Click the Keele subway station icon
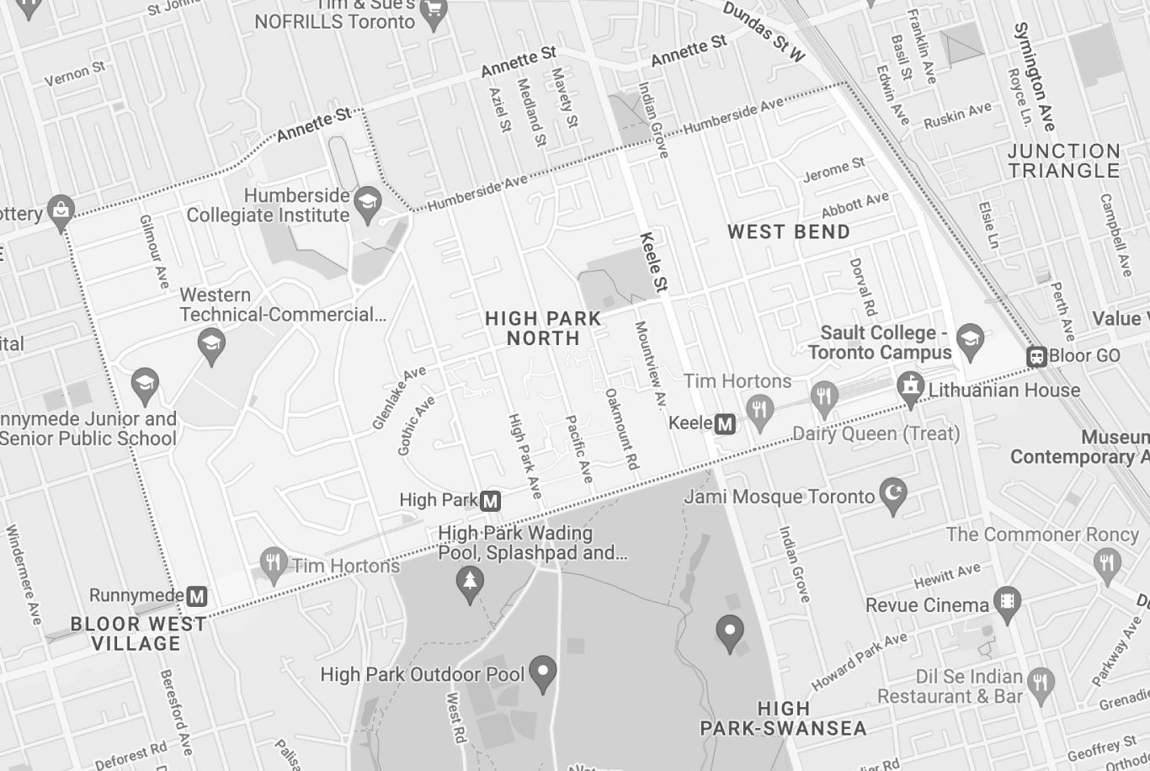(725, 423)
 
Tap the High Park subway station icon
(490, 502)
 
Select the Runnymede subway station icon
(197, 597)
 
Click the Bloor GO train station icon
(1036, 357)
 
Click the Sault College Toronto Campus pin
(971, 338)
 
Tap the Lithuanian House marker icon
(910, 387)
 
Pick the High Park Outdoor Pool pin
(544, 672)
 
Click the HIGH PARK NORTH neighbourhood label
(543, 328)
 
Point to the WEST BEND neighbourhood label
(788, 231)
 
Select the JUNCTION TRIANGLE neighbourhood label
(1064, 161)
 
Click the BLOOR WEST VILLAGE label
(138, 634)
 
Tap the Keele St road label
(653, 263)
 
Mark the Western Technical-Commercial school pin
(210, 343)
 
